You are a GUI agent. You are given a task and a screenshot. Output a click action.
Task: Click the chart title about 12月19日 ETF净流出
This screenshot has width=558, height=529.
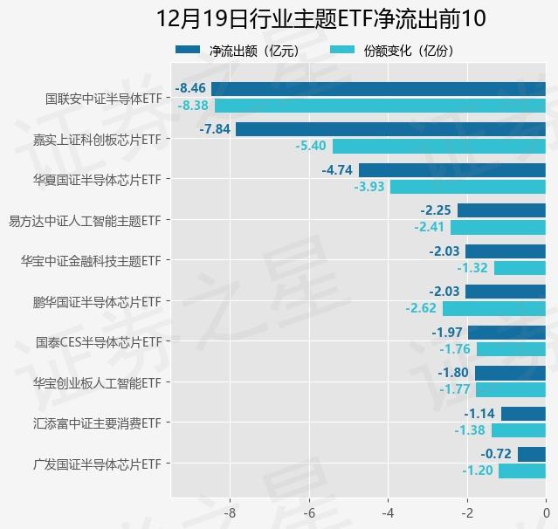(x=321, y=18)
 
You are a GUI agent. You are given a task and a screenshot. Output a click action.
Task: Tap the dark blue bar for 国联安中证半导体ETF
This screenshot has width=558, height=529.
(x=378, y=88)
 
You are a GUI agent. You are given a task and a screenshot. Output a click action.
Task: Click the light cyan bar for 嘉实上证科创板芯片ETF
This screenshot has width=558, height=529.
(x=438, y=146)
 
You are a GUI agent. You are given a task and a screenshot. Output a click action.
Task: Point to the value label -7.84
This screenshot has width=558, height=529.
(x=215, y=128)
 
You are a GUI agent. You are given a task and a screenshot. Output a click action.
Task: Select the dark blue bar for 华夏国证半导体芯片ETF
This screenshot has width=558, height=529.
(x=451, y=169)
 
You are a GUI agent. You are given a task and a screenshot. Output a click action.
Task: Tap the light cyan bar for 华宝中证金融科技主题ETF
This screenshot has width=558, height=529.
(x=520, y=268)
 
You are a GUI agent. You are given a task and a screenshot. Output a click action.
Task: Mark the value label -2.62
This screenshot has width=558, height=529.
(x=421, y=308)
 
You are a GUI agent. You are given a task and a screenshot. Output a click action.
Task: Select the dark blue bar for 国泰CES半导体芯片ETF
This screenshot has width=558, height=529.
(x=506, y=332)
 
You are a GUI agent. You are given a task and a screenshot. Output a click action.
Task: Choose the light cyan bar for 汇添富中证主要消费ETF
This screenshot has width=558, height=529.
(x=518, y=429)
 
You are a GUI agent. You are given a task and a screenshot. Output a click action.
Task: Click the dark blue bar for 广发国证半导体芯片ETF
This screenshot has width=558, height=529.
(x=531, y=454)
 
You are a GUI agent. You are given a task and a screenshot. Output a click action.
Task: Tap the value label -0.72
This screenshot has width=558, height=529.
(x=496, y=454)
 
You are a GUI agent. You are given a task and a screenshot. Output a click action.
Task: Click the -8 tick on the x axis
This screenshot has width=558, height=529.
(x=231, y=512)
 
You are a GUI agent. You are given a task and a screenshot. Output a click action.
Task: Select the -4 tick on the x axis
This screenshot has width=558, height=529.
(x=388, y=512)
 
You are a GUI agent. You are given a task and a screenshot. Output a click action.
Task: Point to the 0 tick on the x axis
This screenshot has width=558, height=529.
(x=546, y=512)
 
